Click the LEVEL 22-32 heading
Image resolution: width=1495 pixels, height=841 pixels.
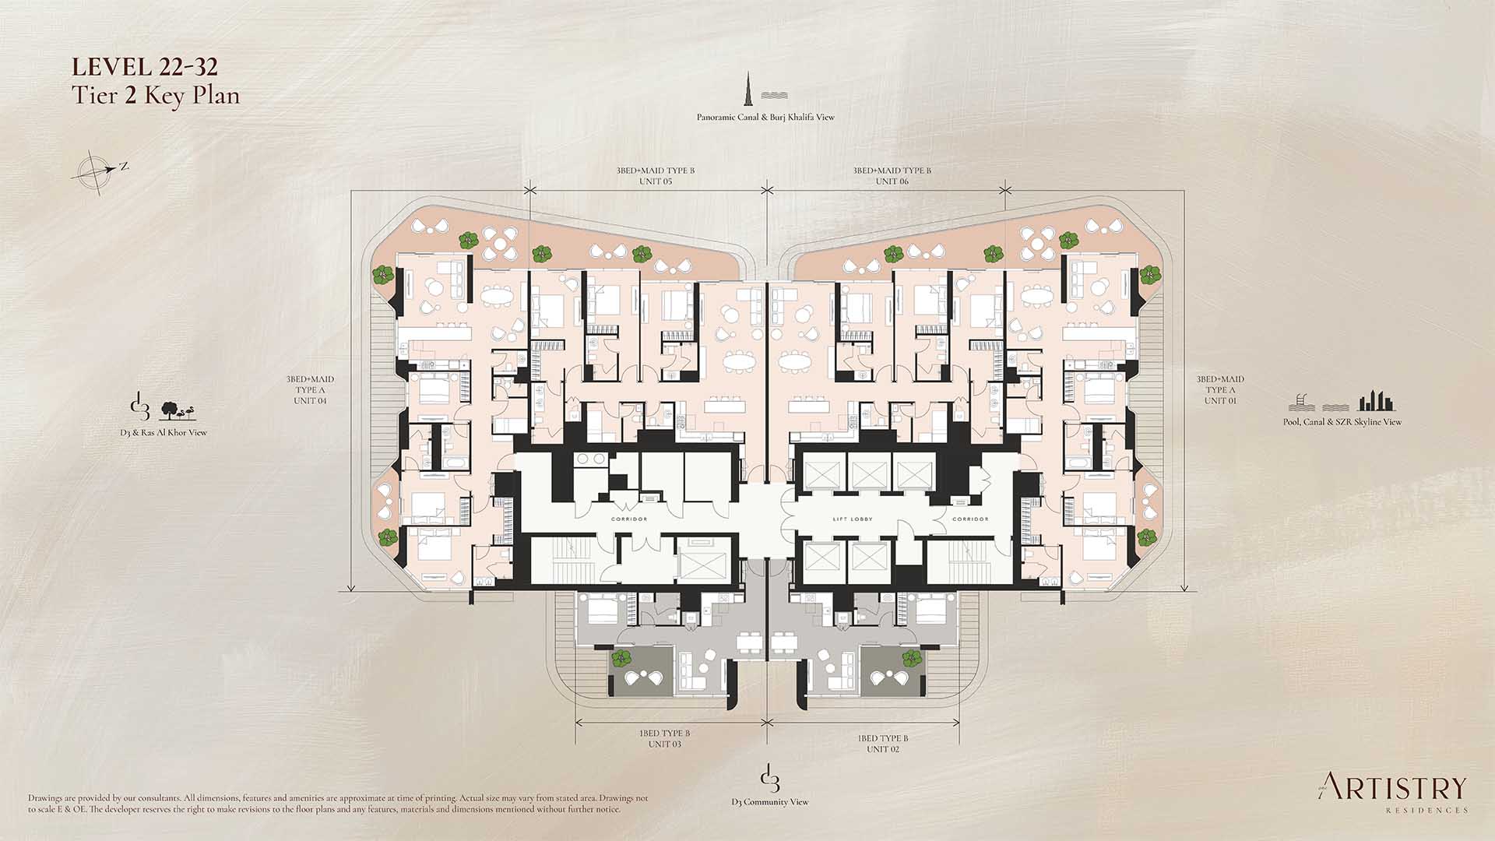click(145, 68)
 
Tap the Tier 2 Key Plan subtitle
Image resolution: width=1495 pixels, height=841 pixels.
click(156, 96)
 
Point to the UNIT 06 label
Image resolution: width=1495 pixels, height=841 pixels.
click(892, 181)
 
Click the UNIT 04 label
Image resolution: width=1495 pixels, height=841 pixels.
click(310, 401)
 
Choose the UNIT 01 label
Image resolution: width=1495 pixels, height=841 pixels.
click(1220, 401)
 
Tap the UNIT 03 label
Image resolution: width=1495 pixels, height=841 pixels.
click(665, 744)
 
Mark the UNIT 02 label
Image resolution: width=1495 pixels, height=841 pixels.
click(883, 749)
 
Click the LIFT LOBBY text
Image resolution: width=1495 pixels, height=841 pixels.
click(853, 519)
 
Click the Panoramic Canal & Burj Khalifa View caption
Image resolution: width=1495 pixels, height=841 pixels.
click(765, 118)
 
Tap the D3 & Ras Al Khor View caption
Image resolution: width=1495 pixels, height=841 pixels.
click(168, 433)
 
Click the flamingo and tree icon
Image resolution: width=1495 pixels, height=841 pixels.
click(178, 410)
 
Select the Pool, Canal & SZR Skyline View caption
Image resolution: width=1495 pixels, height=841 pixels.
click(1342, 422)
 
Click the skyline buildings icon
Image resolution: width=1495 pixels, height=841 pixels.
click(1377, 401)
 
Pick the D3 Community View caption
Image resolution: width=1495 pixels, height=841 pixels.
click(770, 802)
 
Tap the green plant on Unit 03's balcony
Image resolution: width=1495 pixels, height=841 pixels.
click(621, 659)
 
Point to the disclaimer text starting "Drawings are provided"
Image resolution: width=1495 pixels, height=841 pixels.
click(338, 804)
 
